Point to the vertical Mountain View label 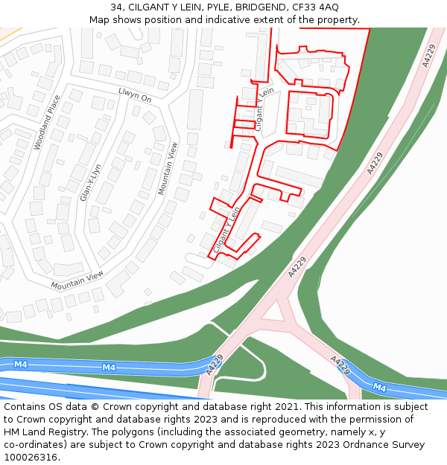click(x=168, y=169)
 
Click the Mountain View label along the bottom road click(x=77, y=280)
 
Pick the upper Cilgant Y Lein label click(x=264, y=109)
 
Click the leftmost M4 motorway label click(x=20, y=365)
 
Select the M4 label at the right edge click(x=379, y=387)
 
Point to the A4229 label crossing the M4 click(x=215, y=364)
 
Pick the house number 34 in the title click(x=117, y=7)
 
